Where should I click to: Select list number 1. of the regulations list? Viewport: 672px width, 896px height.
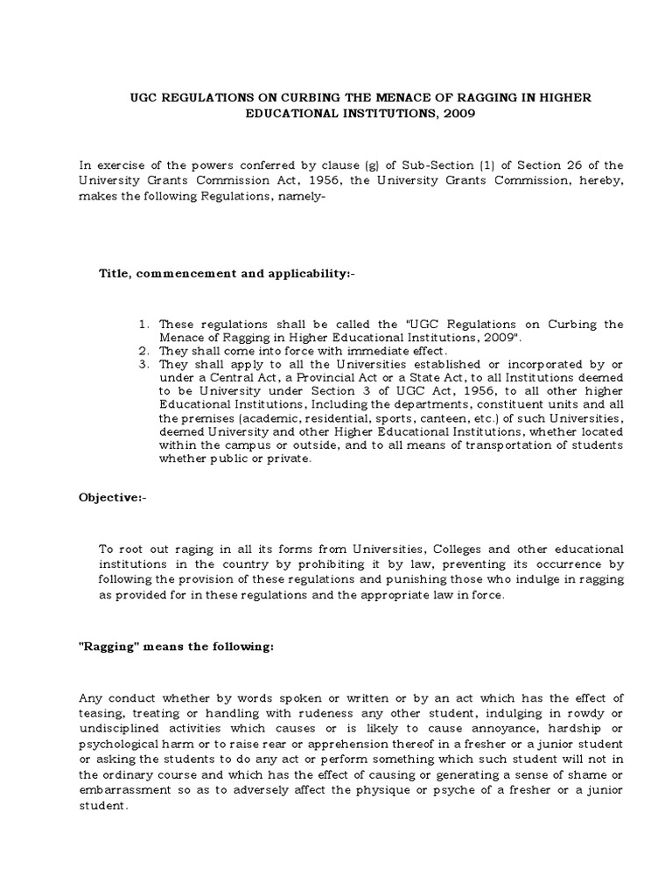(144, 324)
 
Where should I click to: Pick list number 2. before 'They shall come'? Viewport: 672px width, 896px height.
(144, 349)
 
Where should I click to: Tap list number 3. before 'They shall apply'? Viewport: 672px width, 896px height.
(144, 362)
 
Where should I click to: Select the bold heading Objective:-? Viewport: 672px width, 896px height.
(114, 497)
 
